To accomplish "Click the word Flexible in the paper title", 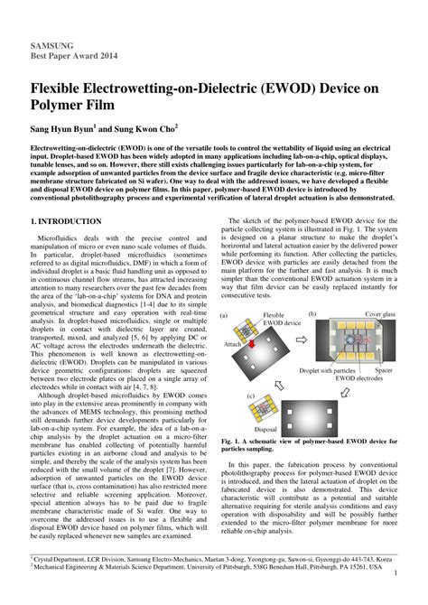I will click(x=65, y=91).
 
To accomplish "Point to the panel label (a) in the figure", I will click(x=226, y=316).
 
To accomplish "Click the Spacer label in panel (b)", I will click(x=384, y=370).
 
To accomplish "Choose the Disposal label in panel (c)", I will click(x=265, y=430).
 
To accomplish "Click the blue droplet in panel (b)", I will click(x=350, y=341).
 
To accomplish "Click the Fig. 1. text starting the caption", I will click(x=232, y=439).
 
